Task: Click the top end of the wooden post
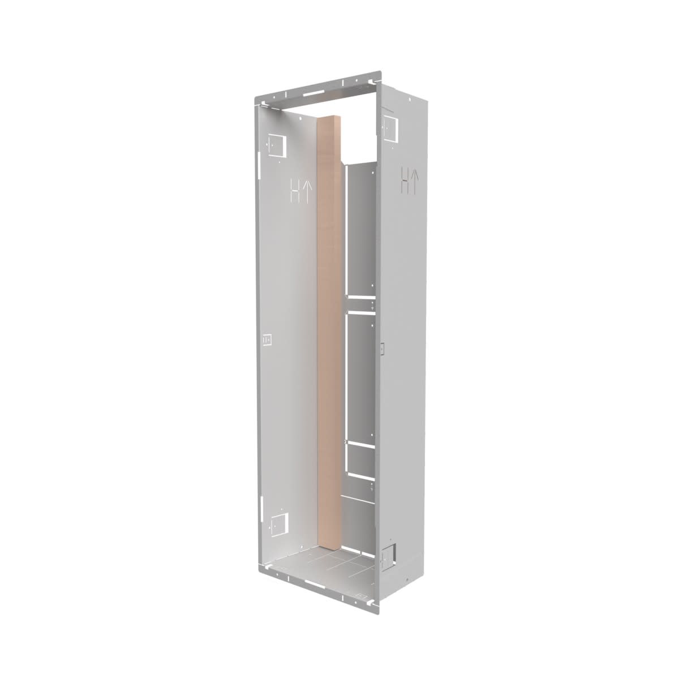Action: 329,118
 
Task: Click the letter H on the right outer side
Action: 406,181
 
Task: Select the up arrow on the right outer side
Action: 416,181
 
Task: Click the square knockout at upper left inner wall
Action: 277,145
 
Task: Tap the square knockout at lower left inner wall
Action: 279,527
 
